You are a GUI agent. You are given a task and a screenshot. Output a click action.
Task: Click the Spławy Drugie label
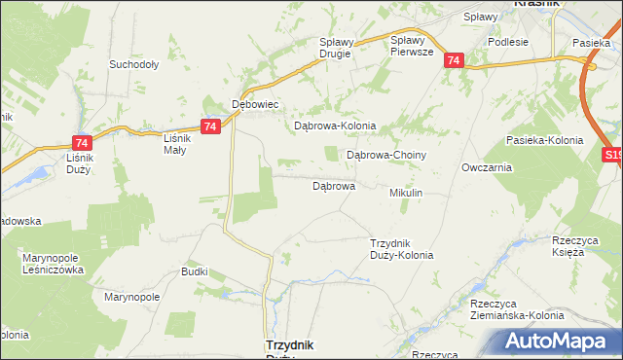[x=340, y=48]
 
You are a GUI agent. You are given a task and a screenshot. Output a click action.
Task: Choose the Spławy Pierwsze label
[x=410, y=46]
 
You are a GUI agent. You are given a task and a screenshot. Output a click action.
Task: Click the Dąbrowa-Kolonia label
[x=335, y=126]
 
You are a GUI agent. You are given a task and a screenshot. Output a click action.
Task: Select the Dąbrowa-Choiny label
[x=387, y=155]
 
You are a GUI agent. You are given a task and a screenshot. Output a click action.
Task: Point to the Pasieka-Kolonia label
[x=545, y=140]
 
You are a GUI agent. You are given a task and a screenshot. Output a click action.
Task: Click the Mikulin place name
[x=406, y=194]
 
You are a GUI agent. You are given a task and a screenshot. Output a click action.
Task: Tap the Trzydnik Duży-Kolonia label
[x=402, y=249]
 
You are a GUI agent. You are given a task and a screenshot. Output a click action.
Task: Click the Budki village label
[x=195, y=271]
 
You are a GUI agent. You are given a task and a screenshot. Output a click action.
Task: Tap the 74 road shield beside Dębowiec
[x=209, y=126]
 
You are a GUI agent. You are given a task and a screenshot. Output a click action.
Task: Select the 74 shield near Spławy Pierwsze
[x=454, y=60]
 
